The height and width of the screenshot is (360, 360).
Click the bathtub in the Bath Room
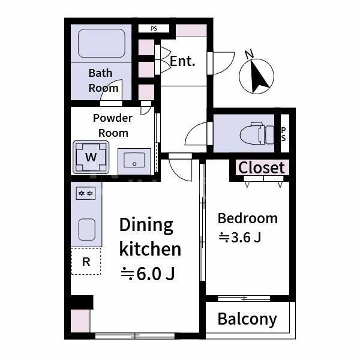pos(102,43)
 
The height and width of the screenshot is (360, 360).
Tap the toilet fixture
pos(257,133)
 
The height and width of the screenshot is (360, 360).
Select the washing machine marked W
pos(91,157)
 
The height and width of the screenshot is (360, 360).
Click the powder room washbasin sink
pos(134,160)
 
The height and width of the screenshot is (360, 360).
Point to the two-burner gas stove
pos(86,193)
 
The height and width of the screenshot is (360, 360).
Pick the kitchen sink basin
pos(87,229)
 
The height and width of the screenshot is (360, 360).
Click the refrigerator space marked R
pos(86,261)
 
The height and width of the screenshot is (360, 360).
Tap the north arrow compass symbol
pos(256,74)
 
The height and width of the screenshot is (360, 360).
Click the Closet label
pos(262,167)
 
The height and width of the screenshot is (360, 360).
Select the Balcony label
pos(247,319)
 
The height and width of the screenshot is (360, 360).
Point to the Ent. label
pos(182,61)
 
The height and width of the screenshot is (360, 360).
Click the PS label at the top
pos(154,29)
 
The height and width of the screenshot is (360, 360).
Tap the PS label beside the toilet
pos(284,134)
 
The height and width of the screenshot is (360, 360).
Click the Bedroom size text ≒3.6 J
pos(240,238)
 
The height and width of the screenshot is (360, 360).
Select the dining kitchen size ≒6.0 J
pos(148,274)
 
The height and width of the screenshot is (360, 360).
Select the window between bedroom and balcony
pos(244,298)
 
